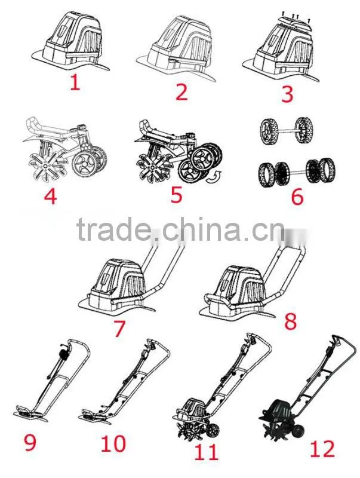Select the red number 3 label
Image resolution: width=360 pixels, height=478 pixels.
287,94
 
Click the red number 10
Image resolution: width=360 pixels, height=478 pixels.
113,443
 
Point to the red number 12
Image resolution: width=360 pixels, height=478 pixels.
322,448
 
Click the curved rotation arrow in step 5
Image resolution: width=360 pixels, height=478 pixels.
213,177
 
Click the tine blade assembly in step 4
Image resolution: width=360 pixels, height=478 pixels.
44,164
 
